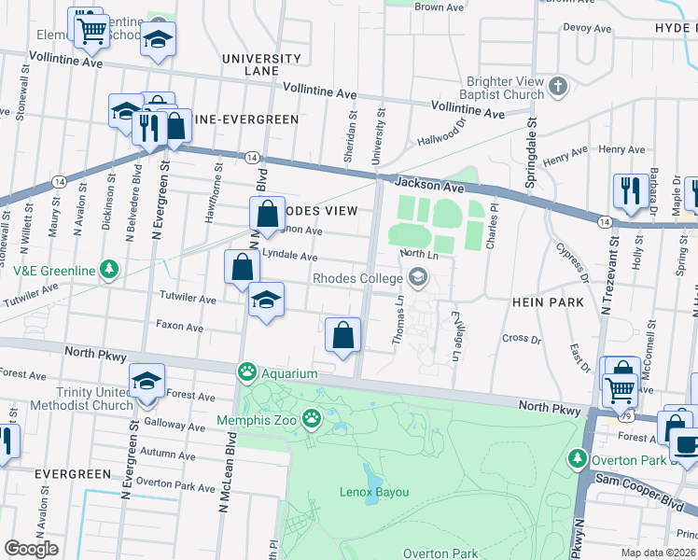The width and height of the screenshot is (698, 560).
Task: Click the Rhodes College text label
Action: [356, 277]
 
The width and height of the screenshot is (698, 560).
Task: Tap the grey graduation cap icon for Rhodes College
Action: [417, 276]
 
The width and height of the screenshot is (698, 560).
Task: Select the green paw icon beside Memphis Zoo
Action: [311, 419]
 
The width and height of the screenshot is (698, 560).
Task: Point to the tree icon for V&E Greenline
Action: [110, 271]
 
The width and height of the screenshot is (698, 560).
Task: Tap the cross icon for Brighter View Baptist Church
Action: [558, 87]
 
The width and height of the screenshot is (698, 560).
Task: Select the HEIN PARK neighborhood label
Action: [548, 302]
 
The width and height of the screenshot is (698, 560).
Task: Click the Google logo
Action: [31, 549]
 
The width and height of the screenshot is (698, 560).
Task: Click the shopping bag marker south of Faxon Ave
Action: [342, 335]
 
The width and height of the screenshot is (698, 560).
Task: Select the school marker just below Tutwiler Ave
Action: [266, 301]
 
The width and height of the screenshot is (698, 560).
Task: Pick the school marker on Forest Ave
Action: [147, 382]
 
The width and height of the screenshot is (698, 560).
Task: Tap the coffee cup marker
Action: [686, 445]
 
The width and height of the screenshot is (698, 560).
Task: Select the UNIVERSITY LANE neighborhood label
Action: [261, 65]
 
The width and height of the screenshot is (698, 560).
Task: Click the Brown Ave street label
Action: [439, 7]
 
